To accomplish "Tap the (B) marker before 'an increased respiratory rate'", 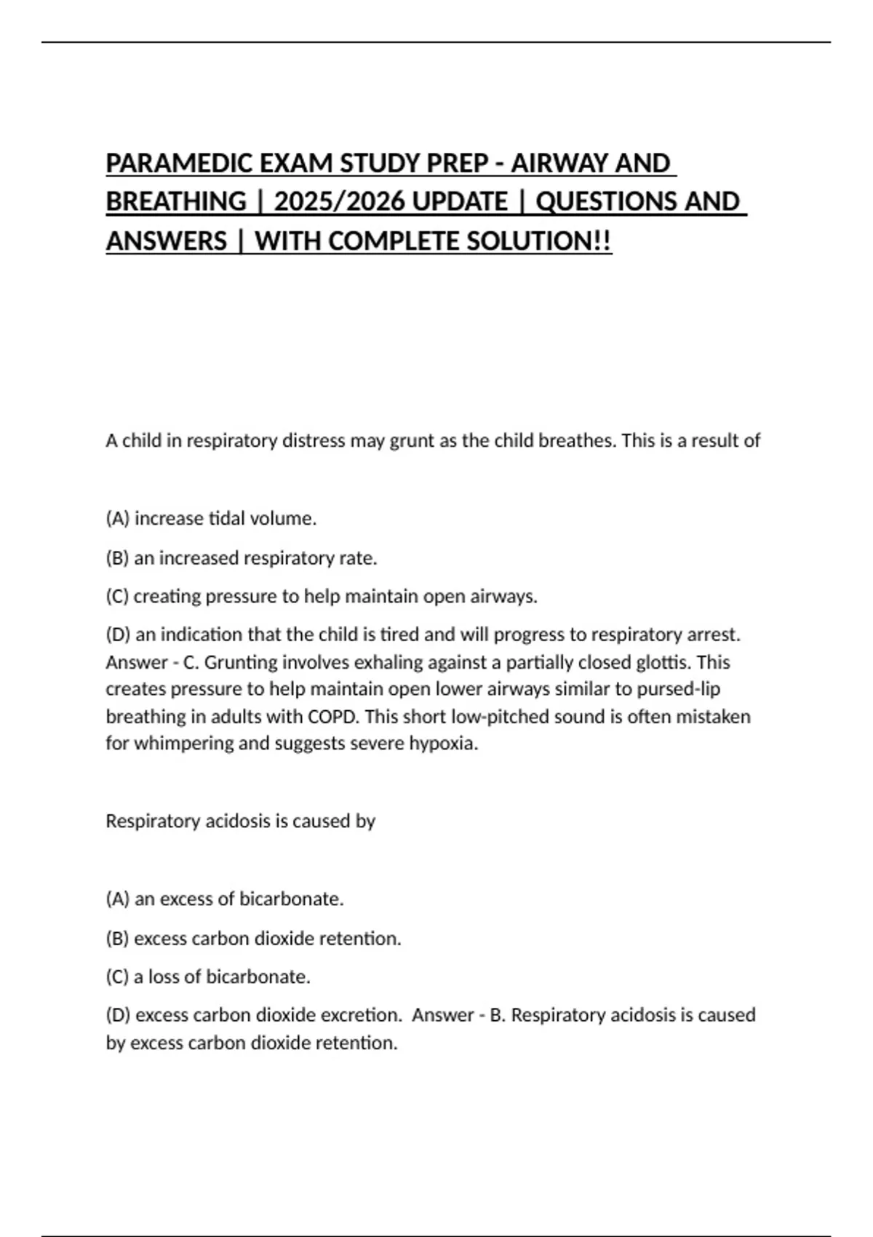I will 117,558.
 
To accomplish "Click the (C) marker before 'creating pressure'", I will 117,597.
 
